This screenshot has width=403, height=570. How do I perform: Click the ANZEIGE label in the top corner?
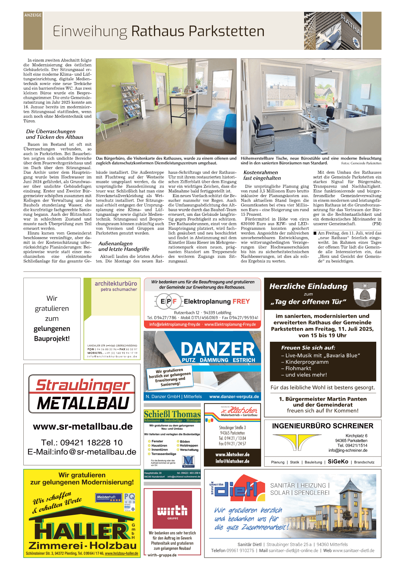33,15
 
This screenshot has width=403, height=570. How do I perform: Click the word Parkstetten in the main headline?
227,31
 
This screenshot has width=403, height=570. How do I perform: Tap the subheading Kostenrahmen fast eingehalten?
262,175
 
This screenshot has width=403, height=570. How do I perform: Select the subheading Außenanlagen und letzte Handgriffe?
124,246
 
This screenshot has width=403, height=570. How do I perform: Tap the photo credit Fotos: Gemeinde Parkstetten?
361,163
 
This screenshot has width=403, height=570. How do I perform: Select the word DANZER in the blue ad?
217,349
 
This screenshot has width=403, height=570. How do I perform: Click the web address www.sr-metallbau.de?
83,426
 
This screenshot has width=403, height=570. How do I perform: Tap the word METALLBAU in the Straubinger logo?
83,403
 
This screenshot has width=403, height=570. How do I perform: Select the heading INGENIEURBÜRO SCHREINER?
322,426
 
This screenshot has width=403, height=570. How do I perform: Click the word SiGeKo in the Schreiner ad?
338,462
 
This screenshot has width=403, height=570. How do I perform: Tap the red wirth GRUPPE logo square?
172,509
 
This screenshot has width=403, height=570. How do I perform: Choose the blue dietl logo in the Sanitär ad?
237,488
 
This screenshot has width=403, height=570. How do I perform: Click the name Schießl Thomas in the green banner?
172,414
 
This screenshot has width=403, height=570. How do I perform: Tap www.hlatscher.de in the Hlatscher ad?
232,455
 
